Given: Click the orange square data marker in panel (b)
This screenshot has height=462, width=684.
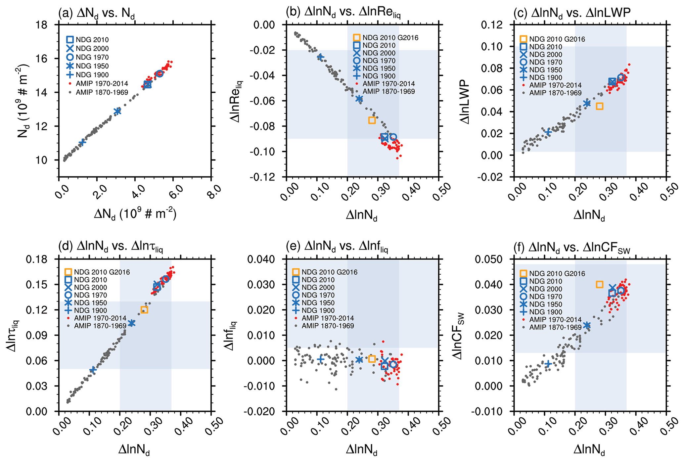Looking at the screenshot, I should click(372, 120).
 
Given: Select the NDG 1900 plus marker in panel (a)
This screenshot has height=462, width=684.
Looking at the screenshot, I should click(82, 142).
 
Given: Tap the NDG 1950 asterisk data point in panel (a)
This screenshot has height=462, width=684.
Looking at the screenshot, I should click(117, 112).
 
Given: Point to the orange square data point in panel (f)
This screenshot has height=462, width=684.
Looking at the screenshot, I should click(599, 285).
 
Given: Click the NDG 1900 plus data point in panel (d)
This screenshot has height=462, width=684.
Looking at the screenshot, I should click(93, 369).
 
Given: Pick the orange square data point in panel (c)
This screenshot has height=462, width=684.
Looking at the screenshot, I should click(599, 106).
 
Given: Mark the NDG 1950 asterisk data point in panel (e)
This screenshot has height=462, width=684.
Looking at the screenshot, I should click(359, 360).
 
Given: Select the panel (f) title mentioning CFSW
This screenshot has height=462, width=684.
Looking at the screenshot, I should click(571, 248).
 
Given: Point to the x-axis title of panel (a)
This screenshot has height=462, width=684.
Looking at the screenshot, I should click(135, 214).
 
